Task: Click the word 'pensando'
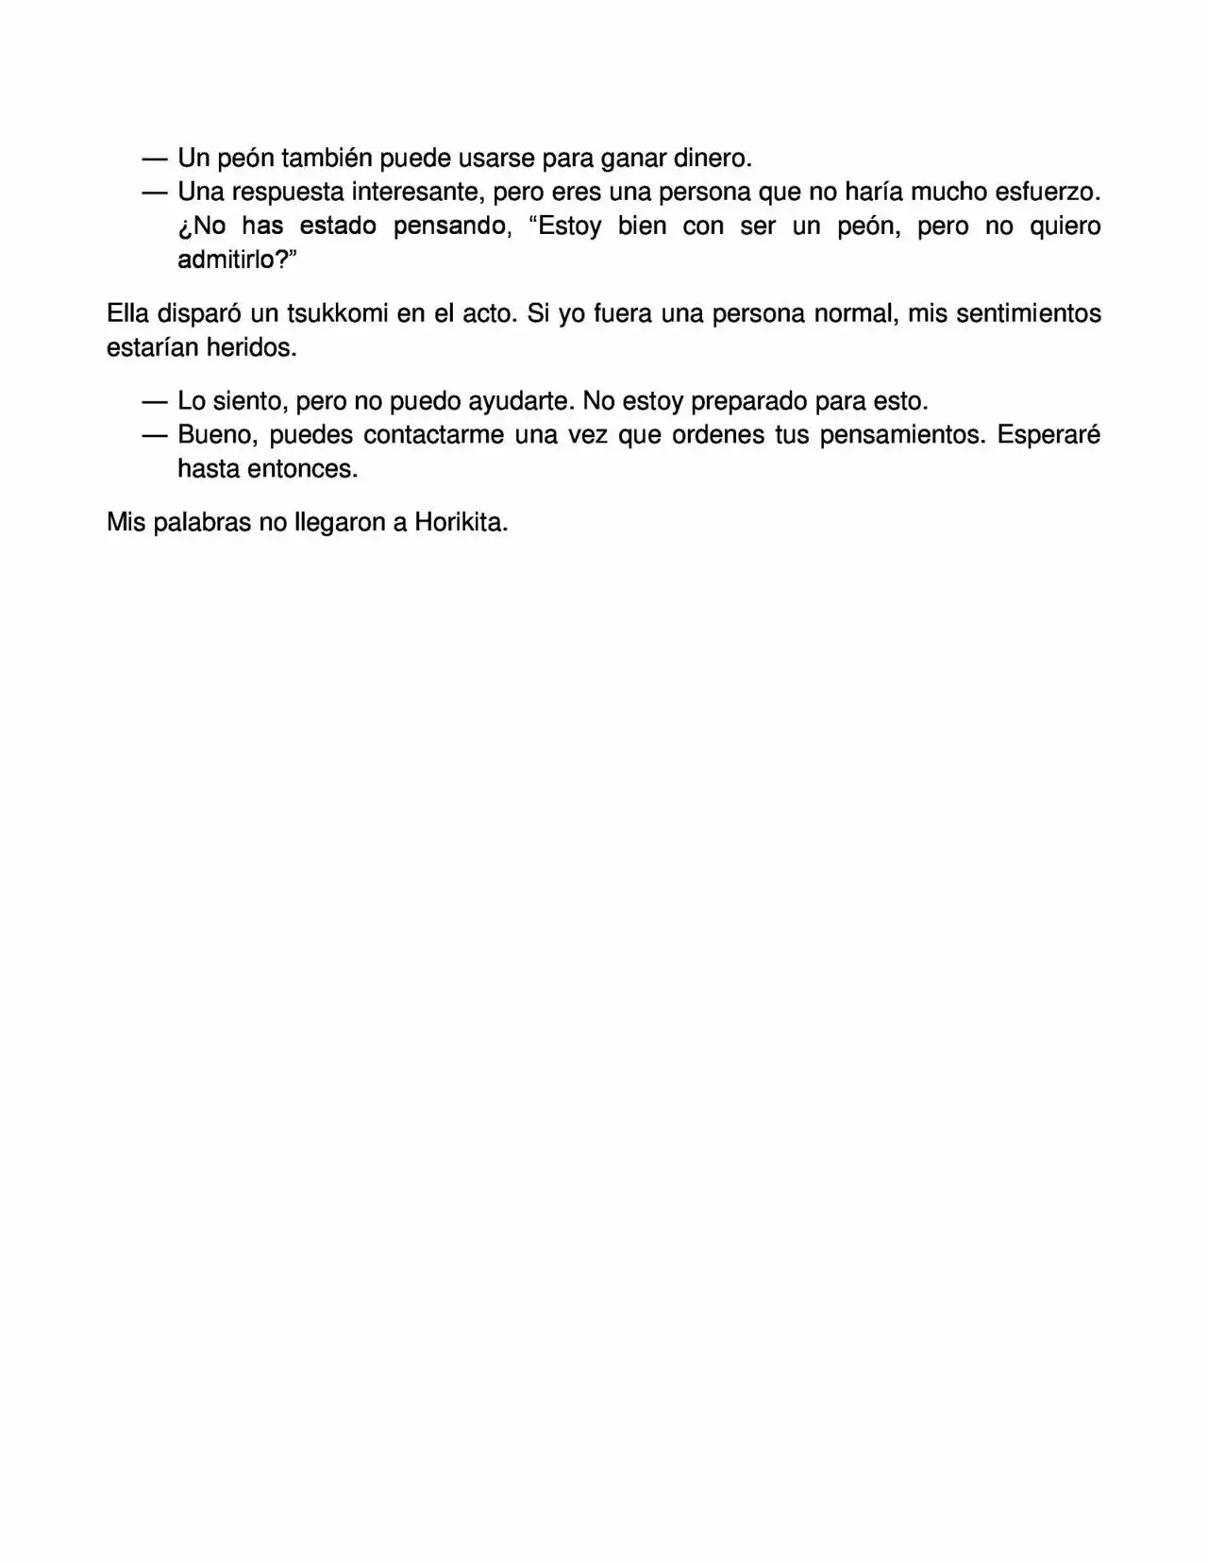(453, 226)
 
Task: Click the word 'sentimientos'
(1028, 313)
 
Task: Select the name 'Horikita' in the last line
(460, 523)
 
